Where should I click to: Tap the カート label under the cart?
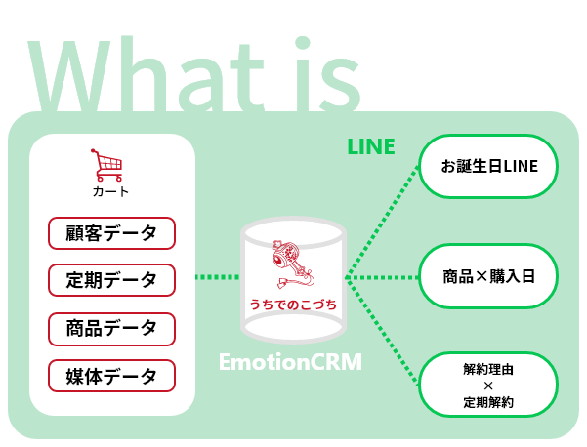coord(110,191)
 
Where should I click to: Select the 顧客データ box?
coord(111,233)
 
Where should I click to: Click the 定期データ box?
coord(111,280)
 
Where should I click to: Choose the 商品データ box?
coord(111,328)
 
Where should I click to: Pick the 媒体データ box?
coord(111,376)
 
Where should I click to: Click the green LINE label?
coord(371,147)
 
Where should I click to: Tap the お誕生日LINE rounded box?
coord(488,167)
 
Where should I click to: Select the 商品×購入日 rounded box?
coord(488,277)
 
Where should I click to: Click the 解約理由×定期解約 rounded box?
coord(488,385)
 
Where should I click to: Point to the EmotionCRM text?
coord(289,364)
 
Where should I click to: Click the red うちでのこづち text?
coord(292,305)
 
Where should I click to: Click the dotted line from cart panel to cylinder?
coord(217,277)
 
